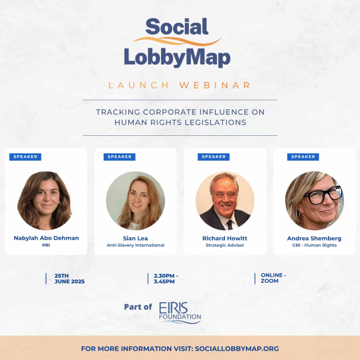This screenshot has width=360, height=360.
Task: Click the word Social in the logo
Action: (177, 26)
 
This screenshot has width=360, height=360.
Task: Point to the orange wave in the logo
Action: (177, 41)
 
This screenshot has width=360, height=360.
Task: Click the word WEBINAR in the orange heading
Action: (215, 85)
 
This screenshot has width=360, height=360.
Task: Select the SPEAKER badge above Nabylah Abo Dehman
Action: (25, 157)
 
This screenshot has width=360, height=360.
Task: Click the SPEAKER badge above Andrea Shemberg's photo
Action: (303, 157)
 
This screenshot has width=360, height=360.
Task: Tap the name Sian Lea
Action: (135, 238)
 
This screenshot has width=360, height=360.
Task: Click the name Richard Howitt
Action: (225, 238)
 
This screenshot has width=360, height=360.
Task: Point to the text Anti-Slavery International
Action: (135, 245)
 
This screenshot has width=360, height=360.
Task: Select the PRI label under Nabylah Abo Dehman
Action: (46, 245)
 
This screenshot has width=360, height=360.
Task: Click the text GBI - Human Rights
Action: (314, 245)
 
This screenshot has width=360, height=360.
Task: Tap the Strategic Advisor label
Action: (225, 245)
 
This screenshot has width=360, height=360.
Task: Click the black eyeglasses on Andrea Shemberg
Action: (323, 195)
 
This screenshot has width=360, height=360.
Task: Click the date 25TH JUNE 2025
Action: (69, 278)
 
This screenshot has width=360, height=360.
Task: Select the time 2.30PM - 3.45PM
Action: (166, 278)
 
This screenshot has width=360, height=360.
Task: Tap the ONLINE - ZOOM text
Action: (273, 278)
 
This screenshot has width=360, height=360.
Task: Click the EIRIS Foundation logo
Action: (180, 313)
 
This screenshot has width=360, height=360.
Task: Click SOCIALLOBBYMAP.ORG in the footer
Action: (237, 348)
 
